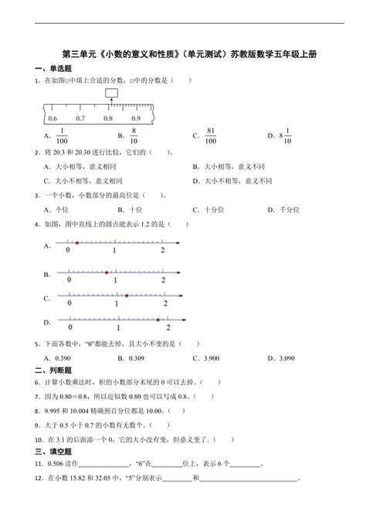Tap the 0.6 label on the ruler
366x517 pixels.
point(53,118)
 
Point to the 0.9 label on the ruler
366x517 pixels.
point(136,118)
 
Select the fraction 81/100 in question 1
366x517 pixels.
point(210,137)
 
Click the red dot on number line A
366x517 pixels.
point(76,243)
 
